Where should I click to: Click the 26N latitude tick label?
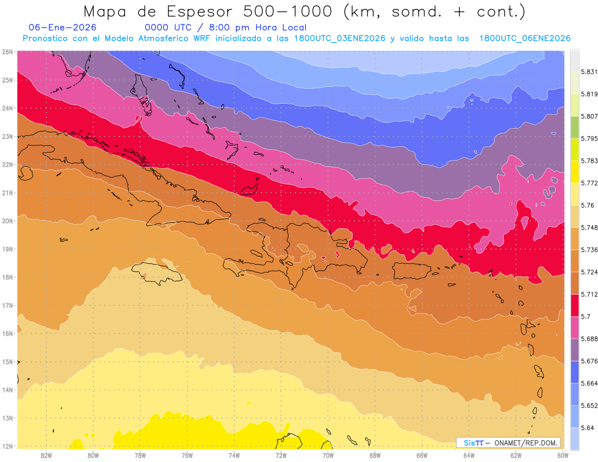click(x=7, y=52)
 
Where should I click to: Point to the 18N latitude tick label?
click(x=7, y=277)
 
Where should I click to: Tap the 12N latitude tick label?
click(x=7, y=446)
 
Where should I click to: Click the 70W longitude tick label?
click(x=328, y=455)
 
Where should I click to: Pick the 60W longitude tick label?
click(x=563, y=455)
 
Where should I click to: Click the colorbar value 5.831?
click(x=588, y=72)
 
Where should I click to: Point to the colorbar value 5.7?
click(x=585, y=316)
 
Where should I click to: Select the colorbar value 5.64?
click(x=587, y=428)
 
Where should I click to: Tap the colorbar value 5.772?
click(x=588, y=183)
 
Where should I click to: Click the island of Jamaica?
click(x=156, y=273)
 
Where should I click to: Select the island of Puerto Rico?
click(x=412, y=271)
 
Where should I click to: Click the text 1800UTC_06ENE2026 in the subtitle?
click(x=525, y=38)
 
